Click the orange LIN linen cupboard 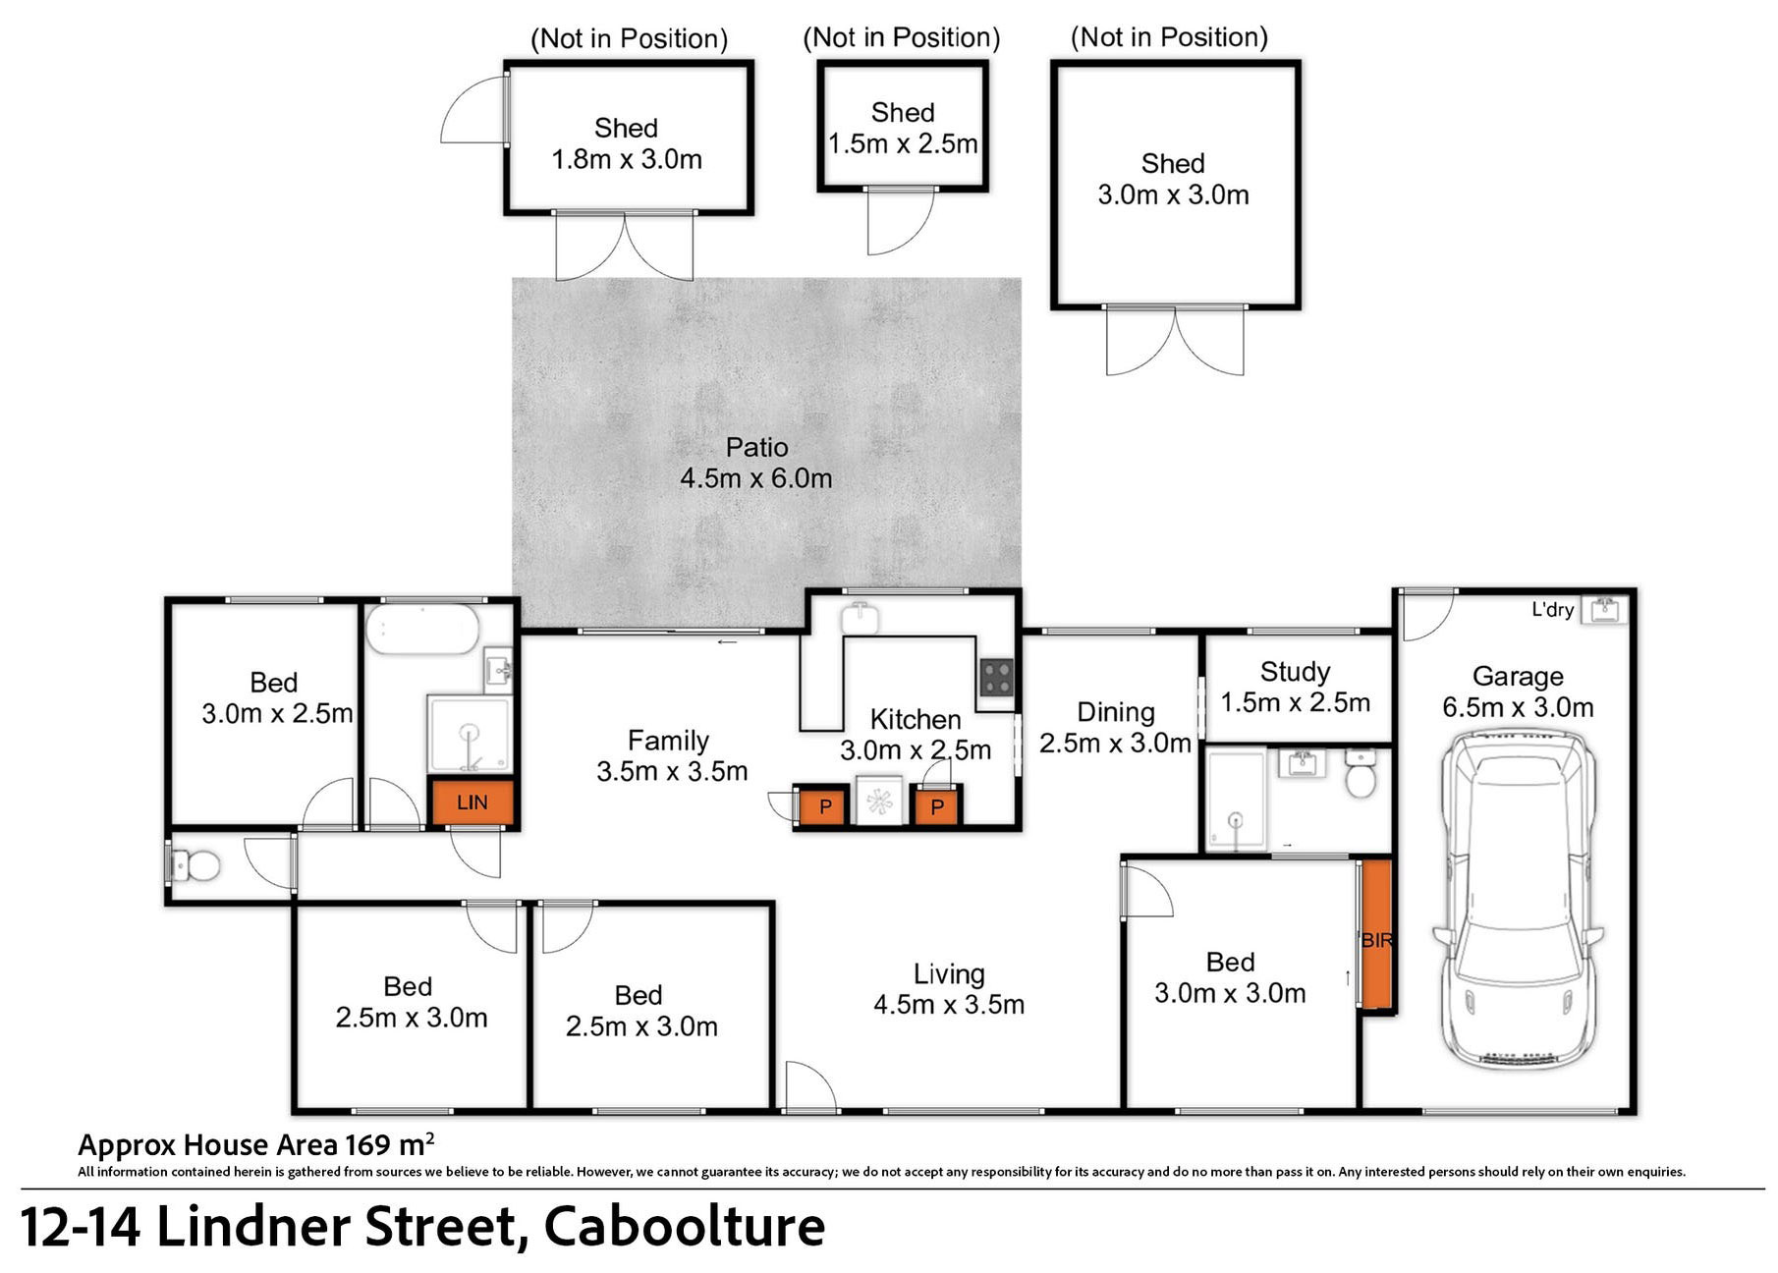[x=472, y=803]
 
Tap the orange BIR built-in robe [x=1376, y=935]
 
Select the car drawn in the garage [x=1518, y=900]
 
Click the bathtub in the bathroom [x=422, y=629]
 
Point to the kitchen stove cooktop [x=996, y=677]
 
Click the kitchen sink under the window [x=860, y=618]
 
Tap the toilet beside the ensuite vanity [x=1361, y=772]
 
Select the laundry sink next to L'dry [x=1604, y=610]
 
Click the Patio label [x=756, y=448]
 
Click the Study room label [x=1295, y=672]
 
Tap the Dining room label [x=1116, y=712]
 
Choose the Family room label [x=668, y=740]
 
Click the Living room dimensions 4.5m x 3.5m [x=949, y=1004]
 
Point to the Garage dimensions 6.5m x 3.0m [x=1518, y=707]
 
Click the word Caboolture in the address [x=685, y=1226]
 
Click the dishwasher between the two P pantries [x=878, y=801]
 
